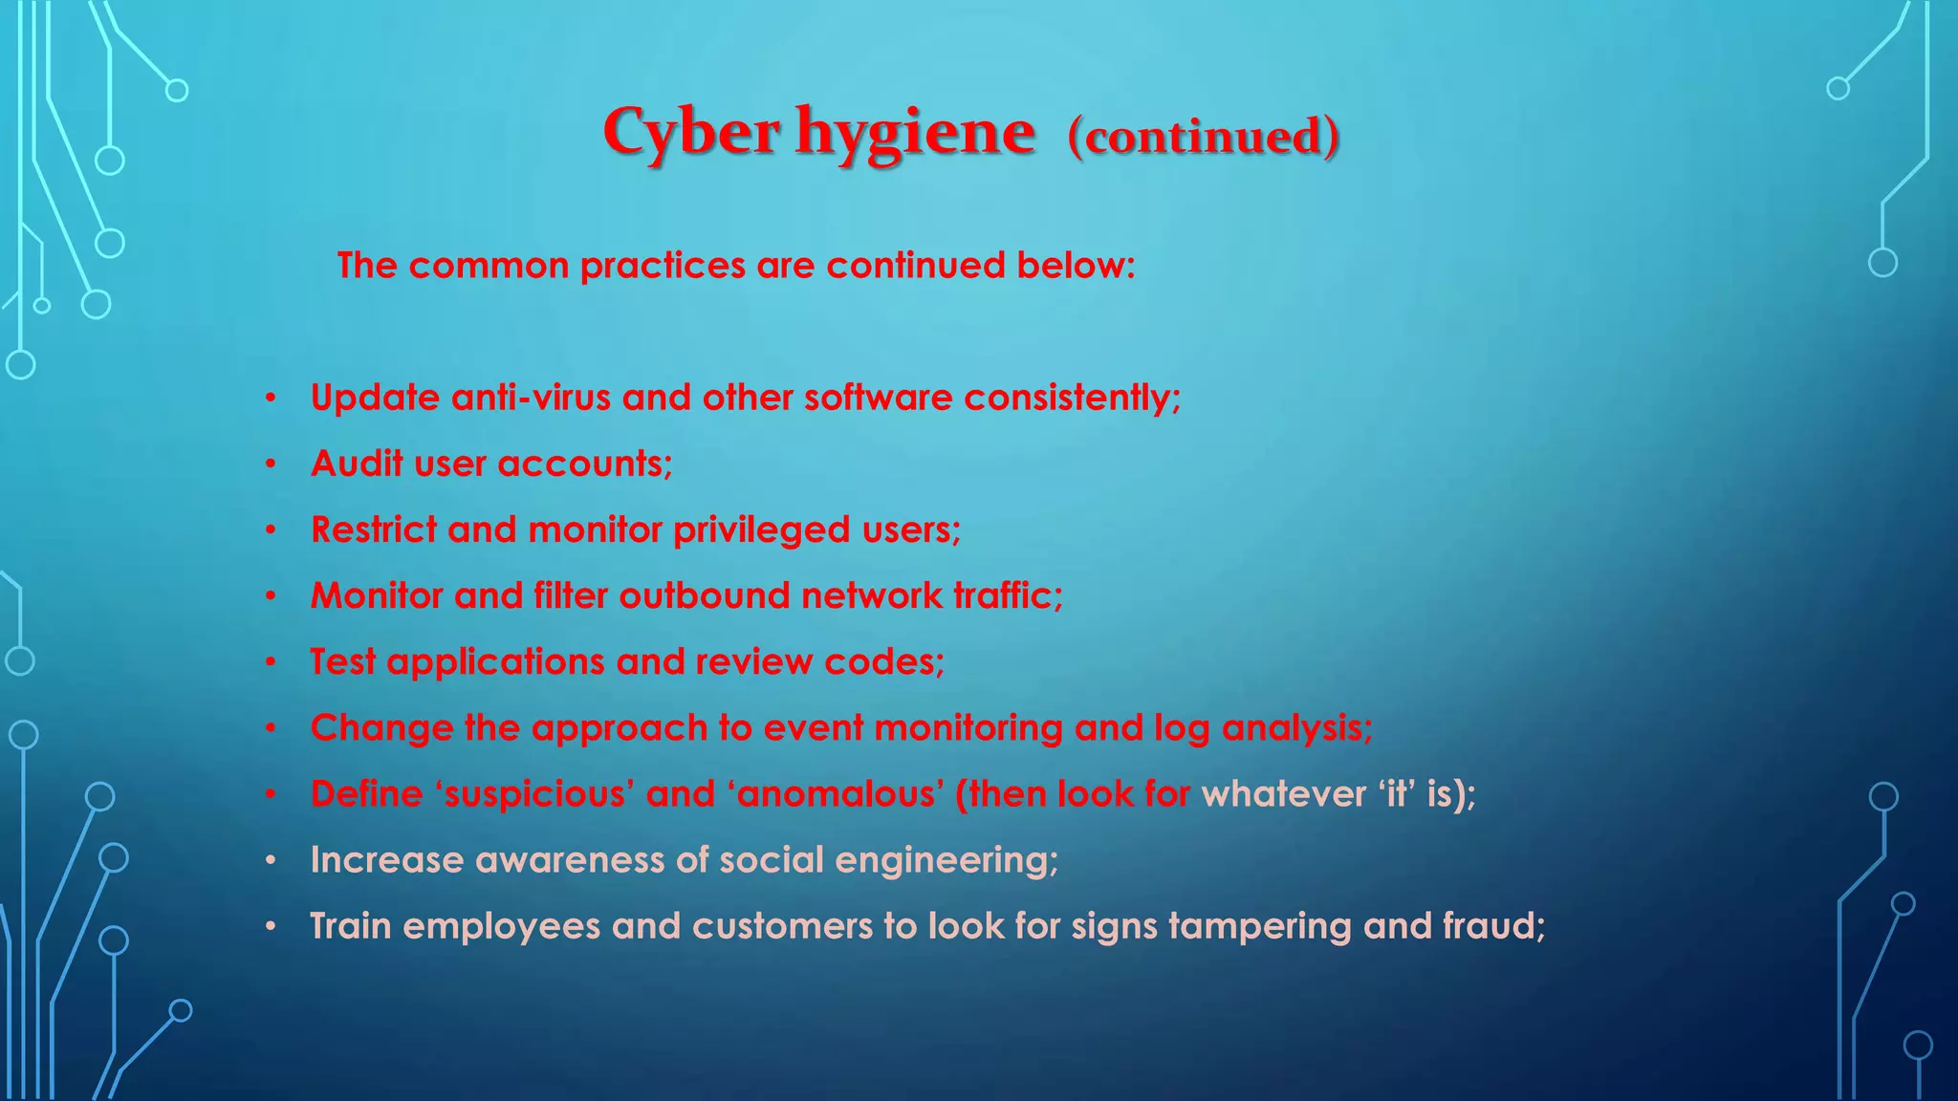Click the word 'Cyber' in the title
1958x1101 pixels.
(x=690, y=132)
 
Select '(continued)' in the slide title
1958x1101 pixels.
(x=1203, y=136)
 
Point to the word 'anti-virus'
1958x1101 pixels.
(x=531, y=397)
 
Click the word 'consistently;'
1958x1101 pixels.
(x=1072, y=397)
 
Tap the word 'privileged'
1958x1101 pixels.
(x=761, y=529)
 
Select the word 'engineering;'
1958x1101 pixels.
(x=946, y=860)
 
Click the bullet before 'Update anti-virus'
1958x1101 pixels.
(x=272, y=398)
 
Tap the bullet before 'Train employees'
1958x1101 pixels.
(x=272, y=926)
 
